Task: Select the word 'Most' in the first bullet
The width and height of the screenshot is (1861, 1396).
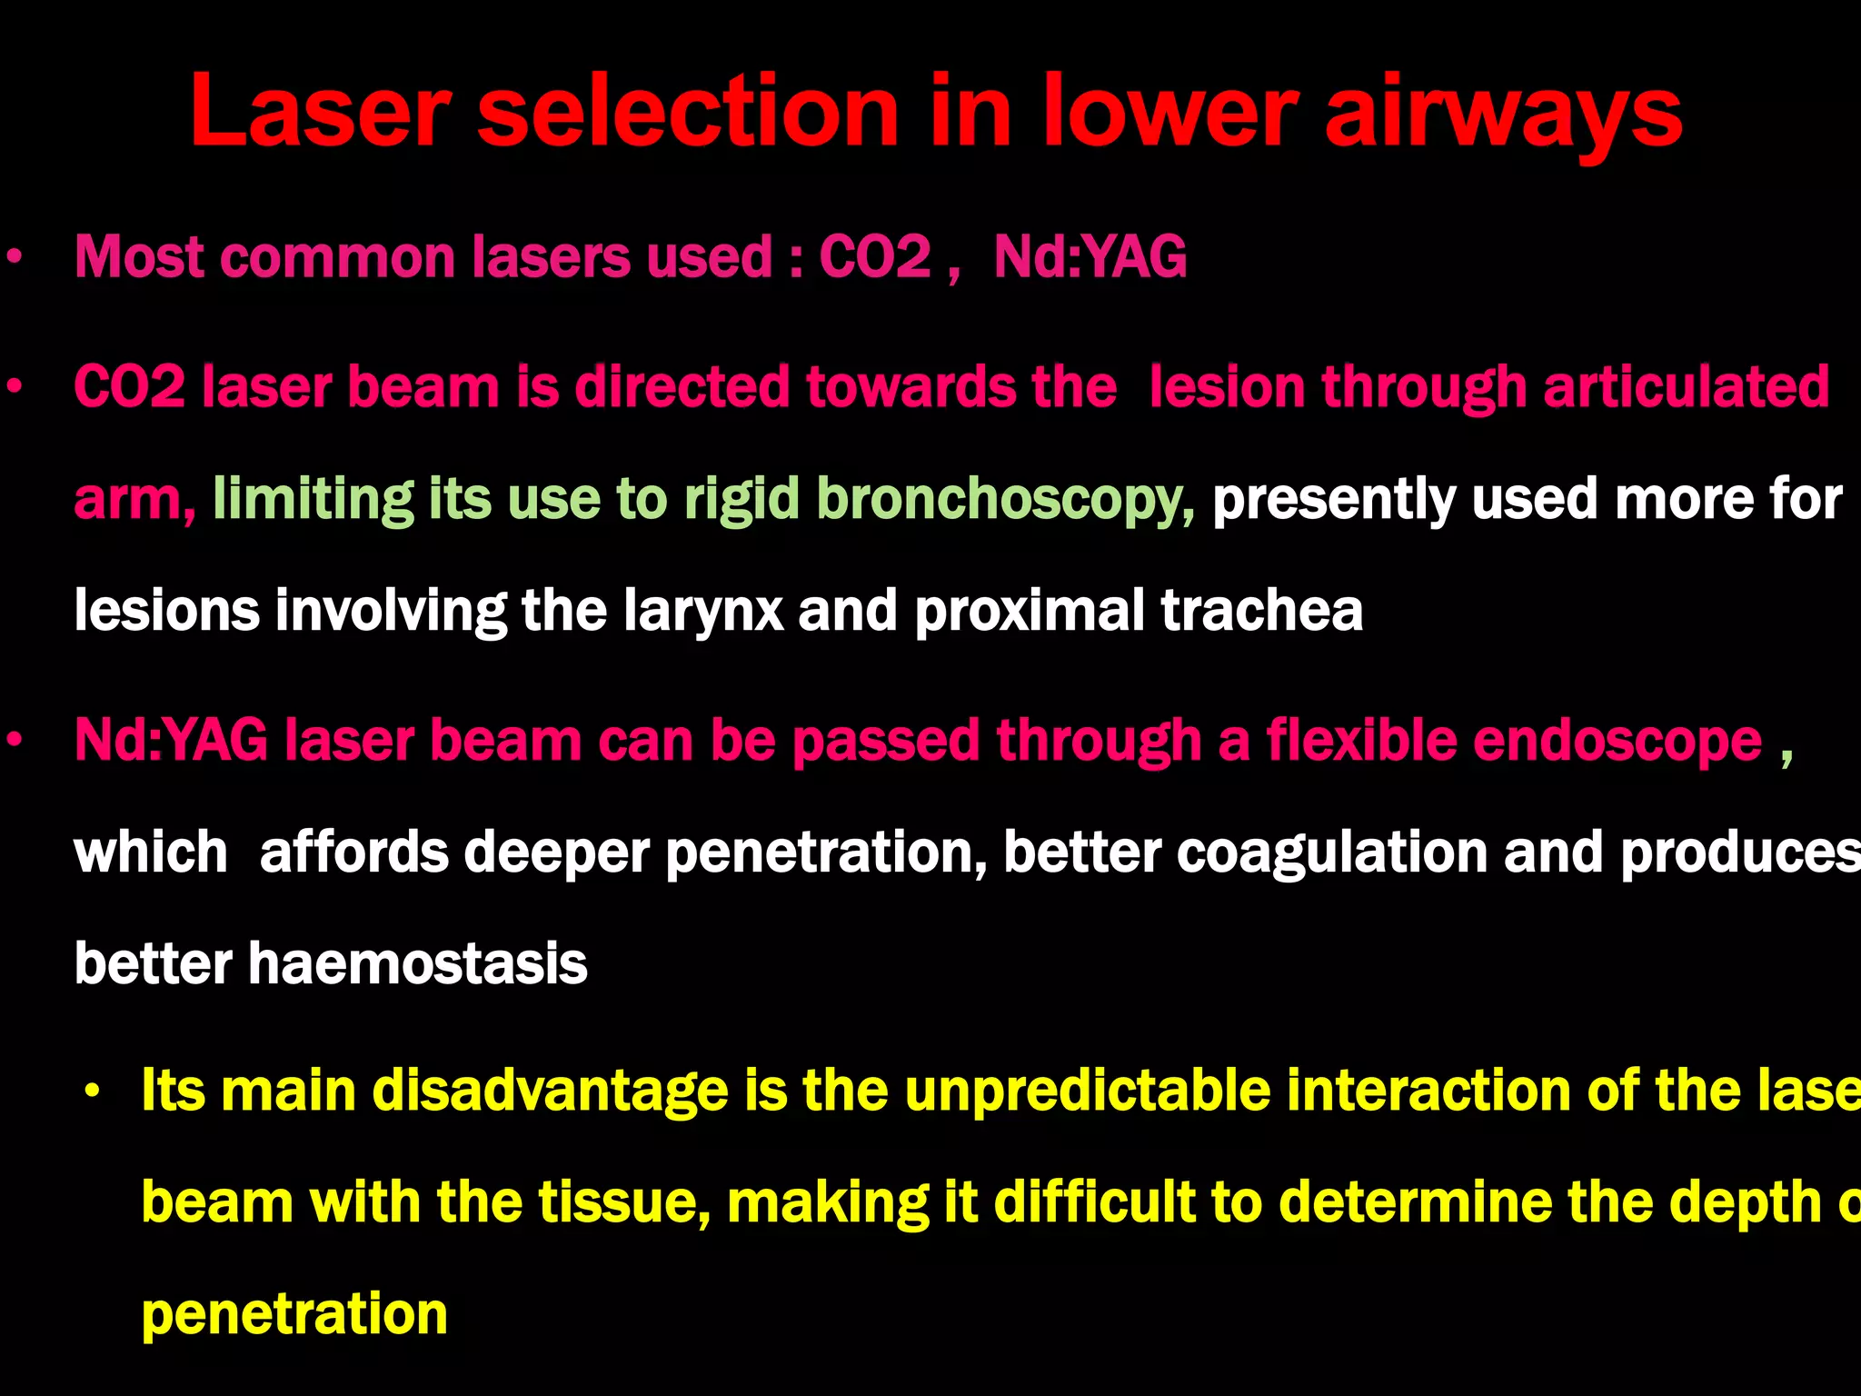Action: (x=139, y=257)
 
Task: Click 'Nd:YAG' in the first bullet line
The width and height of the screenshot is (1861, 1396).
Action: (x=1090, y=257)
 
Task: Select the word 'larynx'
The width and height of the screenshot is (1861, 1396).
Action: (x=703, y=612)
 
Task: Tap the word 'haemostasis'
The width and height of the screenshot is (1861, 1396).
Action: (x=418, y=964)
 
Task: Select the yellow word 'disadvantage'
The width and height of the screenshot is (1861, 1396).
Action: (x=550, y=1092)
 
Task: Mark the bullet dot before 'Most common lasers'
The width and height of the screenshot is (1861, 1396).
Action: (x=13, y=259)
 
